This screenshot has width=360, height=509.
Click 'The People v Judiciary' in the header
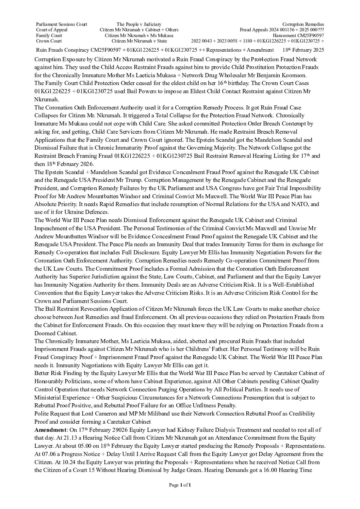(x=139, y=24)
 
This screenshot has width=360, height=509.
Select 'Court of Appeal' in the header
(x=52, y=30)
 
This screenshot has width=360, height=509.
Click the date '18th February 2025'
(x=303, y=50)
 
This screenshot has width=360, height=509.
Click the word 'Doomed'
(x=44, y=333)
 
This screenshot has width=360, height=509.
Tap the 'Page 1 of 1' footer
(x=180, y=485)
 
